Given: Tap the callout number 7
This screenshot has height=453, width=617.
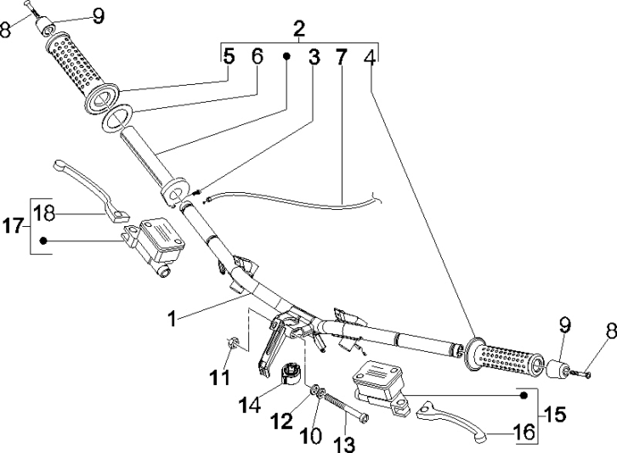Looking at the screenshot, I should pyautogui.click(x=341, y=59).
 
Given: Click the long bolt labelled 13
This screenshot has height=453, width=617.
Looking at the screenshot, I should pyautogui.click(x=348, y=403).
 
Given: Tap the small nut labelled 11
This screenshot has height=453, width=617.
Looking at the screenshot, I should pyautogui.click(x=230, y=343).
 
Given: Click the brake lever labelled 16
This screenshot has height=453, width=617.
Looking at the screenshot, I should pyautogui.click(x=459, y=421).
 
